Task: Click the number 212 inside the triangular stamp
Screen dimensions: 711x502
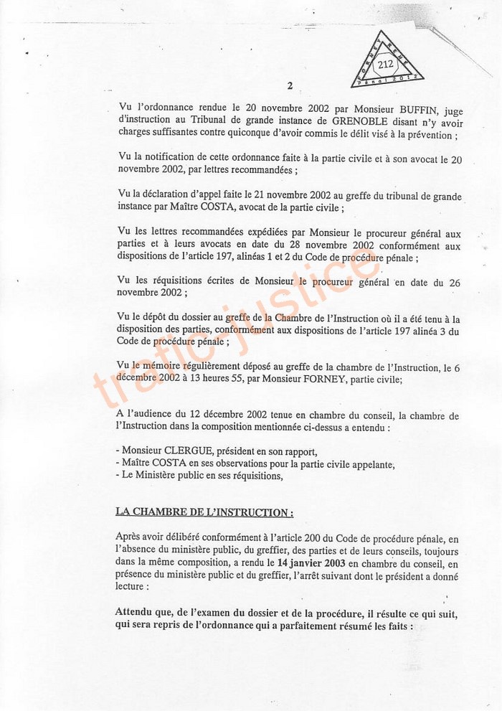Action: point(386,64)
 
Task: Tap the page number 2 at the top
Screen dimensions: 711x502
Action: point(290,85)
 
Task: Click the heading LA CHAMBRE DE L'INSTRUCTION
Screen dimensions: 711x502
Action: point(204,512)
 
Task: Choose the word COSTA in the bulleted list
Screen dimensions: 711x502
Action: point(180,463)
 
